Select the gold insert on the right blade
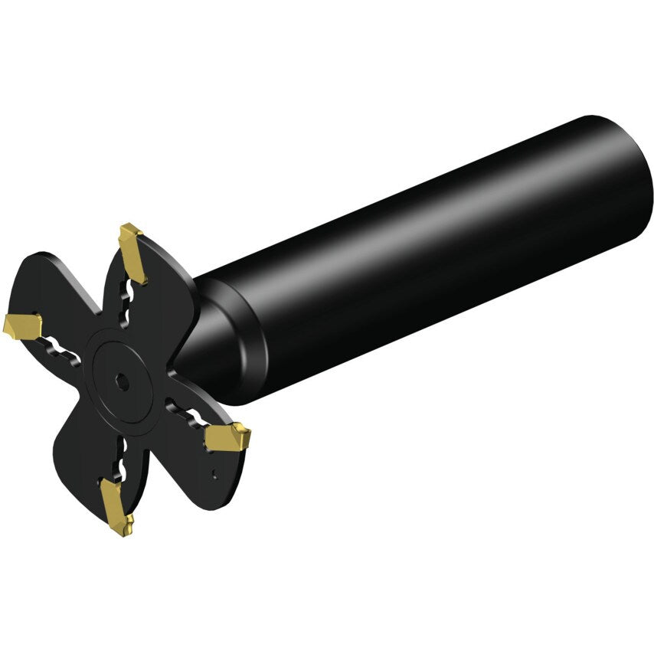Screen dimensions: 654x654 227,438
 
